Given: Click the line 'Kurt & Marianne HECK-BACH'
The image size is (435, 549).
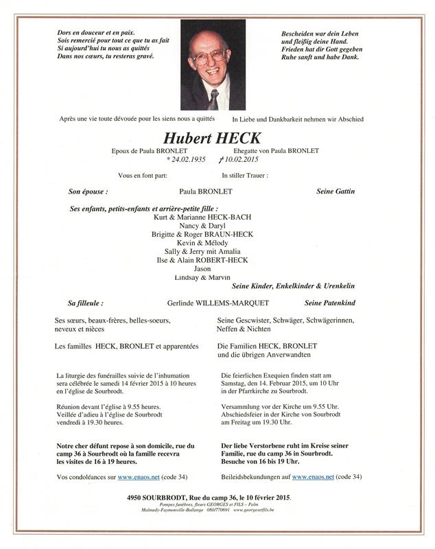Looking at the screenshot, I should click(x=202, y=217).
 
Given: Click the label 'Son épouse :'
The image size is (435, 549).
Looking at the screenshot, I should click(x=89, y=191).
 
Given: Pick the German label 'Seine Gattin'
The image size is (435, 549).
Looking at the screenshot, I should click(x=338, y=191).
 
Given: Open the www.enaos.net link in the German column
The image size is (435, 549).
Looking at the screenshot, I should click(x=311, y=476).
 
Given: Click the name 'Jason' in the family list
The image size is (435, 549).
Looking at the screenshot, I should click(x=202, y=269).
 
